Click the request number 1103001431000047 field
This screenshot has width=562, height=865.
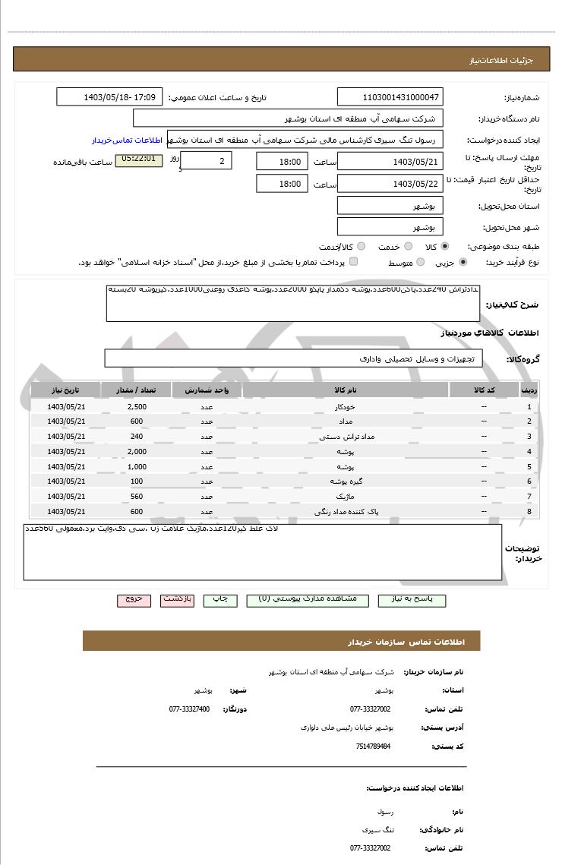390,97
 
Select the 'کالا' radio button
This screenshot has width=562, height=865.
445,247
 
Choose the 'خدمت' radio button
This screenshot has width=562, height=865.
408,247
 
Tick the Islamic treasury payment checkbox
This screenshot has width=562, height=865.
353,262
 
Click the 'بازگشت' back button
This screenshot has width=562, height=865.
178,599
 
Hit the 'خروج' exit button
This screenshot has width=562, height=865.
134,599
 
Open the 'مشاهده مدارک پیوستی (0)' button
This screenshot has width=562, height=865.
308,599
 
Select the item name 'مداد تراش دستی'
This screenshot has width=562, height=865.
345,437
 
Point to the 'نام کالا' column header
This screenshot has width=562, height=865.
345,390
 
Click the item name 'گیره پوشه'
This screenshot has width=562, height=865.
345,481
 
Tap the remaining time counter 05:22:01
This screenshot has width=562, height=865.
138,159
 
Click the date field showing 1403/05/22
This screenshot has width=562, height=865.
390,184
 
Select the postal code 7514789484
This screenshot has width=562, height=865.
373,747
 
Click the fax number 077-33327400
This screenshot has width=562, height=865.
189,709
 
